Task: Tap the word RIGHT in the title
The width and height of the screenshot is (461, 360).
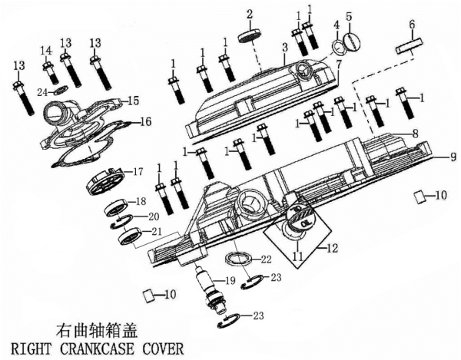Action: [28, 348]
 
